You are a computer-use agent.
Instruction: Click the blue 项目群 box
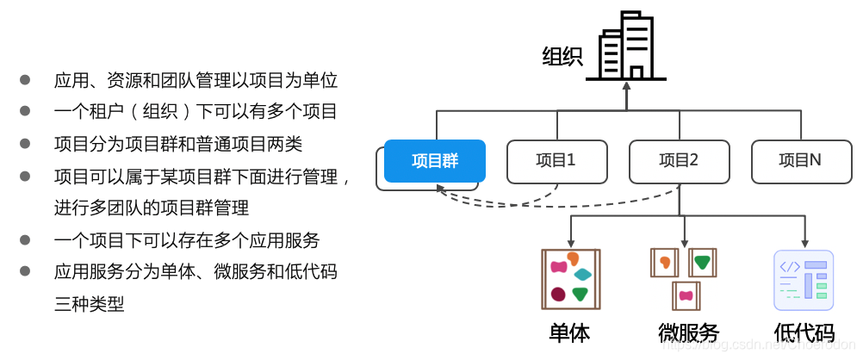435,161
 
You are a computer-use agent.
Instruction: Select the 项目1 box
556,161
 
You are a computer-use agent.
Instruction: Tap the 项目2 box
679,161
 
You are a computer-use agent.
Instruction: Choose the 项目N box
800,161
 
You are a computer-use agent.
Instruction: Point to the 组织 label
562,58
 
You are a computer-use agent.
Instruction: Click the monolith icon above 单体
570,278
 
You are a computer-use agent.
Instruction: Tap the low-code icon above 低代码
804,280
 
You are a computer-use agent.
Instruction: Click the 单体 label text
569,333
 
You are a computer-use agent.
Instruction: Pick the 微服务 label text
688,333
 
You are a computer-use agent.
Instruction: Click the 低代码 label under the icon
804,333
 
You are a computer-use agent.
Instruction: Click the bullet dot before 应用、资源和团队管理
26,81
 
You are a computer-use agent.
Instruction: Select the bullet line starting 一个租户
195,112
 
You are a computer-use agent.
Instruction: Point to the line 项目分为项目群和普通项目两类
177,144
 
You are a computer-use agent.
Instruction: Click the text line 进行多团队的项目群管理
151,208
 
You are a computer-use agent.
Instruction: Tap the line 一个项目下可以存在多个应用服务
186,239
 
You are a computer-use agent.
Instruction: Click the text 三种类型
89,303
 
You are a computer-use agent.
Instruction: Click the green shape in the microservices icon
703,261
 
